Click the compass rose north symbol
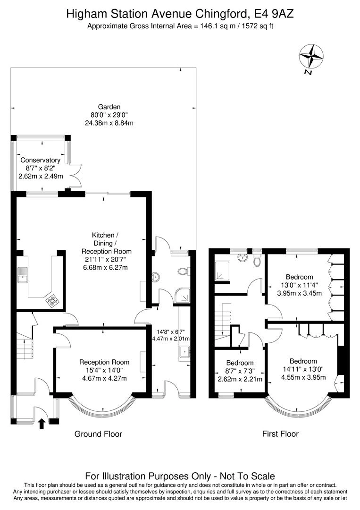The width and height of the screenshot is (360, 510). [311, 59]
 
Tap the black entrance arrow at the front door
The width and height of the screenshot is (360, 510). [42, 424]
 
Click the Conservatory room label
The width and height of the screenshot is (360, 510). [40, 160]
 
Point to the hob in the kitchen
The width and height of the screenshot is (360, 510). [52, 301]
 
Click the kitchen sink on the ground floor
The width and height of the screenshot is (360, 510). [23, 275]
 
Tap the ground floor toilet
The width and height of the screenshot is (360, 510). [183, 271]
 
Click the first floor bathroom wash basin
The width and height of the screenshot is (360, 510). [242, 258]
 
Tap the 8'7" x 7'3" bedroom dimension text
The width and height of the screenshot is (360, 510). [240, 371]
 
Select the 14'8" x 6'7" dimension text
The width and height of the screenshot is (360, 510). [171, 332]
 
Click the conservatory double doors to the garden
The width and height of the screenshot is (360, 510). [74, 175]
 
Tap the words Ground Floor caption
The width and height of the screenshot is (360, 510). [98, 434]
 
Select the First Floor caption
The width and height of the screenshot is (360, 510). [280, 434]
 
